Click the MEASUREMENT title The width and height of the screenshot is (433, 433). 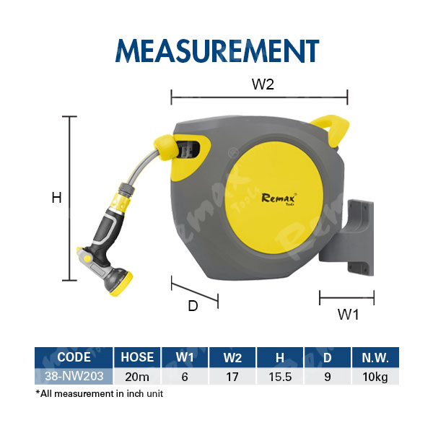(x=217, y=51)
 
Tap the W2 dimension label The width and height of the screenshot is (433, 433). (x=263, y=84)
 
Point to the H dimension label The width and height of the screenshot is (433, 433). (x=56, y=198)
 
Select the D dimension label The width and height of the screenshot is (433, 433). (x=193, y=306)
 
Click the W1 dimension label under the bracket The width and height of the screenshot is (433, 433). (x=349, y=315)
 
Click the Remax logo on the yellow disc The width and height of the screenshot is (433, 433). (x=279, y=199)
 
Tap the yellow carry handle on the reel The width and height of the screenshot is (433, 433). (x=331, y=129)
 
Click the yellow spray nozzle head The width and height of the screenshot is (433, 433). (x=121, y=284)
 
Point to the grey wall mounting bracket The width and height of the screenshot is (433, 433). (x=347, y=237)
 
